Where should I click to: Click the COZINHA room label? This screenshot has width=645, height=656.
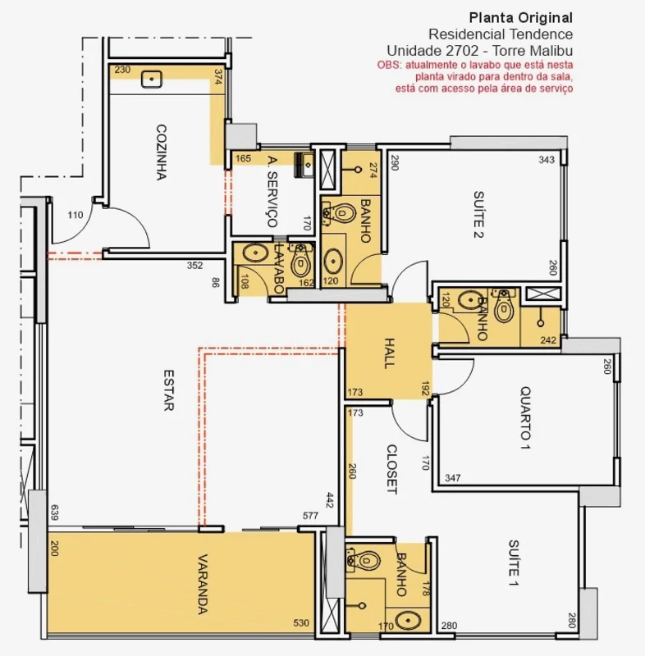(162, 153)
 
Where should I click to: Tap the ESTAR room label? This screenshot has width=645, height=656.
(168, 390)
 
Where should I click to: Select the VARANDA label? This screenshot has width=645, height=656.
(203, 585)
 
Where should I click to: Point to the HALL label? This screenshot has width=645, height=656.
(389, 353)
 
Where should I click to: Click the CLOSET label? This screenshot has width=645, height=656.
(391, 469)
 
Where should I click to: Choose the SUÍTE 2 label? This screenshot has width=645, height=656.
(478, 215)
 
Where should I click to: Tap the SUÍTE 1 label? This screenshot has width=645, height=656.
(514, 563)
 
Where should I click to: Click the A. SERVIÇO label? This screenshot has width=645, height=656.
(272, 192)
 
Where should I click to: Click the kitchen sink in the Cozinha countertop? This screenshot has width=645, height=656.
(152, 79)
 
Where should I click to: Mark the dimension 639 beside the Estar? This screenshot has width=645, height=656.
(54, 512)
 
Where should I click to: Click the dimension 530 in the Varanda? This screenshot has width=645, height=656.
(301, 623)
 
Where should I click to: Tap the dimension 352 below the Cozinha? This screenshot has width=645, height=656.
(194, 265)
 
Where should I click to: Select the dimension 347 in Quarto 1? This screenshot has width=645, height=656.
(453, 478)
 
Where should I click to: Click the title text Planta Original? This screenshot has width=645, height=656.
(521, 18)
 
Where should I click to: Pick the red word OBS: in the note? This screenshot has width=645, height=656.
(389, 66)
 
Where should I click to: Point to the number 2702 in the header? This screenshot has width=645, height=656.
(462, 51)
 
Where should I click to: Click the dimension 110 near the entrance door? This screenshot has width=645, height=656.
(75, 215)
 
